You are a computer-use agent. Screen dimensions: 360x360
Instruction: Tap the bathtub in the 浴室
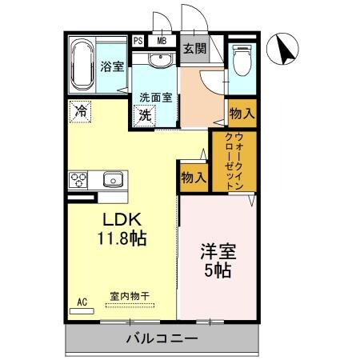(x=82, y=65)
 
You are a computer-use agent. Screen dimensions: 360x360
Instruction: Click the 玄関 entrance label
(x=194, y=50)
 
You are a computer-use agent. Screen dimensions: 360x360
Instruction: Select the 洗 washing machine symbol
(x=146, y=114)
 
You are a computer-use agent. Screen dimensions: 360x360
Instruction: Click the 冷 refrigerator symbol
(x=81, y=111)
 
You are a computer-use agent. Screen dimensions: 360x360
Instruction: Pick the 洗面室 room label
(x=155, y=98)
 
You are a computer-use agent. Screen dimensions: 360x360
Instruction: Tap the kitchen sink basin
(x=113, y=179)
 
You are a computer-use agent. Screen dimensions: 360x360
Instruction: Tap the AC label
(x=81, y=302)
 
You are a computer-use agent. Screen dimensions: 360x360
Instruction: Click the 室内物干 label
(x=129, y=295)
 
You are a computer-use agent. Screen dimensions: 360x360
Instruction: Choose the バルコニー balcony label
(x=161, y=339)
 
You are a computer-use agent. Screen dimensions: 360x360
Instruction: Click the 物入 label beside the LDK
(x=192, y=175)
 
